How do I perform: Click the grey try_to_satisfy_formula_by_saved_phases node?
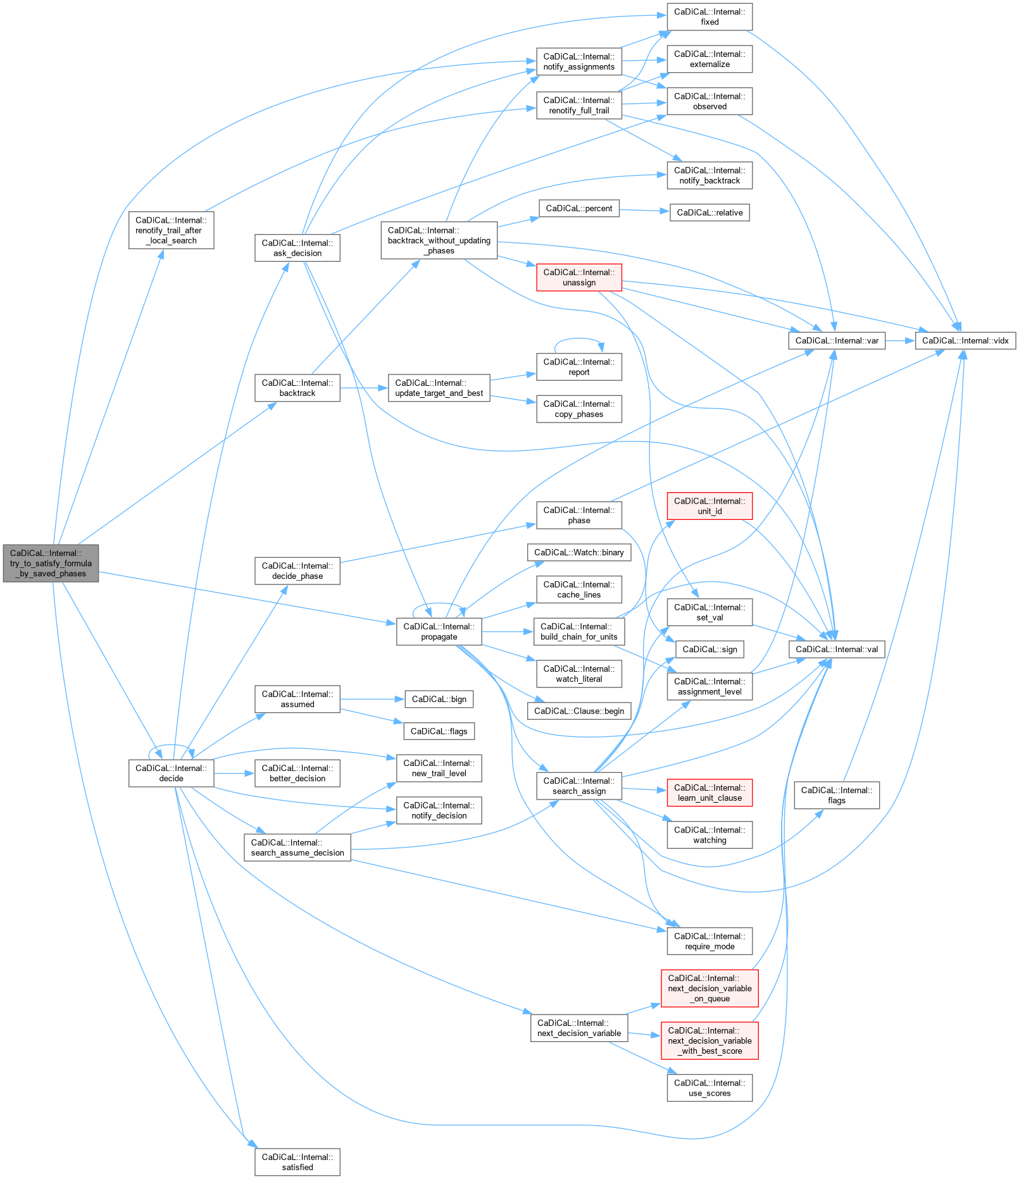(51, 563)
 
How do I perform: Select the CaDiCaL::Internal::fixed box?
(710, 16)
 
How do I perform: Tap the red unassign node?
(579, 278)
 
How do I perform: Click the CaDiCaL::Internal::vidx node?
(965, 341)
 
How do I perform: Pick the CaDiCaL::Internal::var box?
(837, 341)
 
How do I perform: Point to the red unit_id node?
(710, 506)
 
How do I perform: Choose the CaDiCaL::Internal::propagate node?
(439, 632)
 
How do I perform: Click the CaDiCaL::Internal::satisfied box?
(297, 1163)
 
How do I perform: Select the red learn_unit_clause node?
(710, 793)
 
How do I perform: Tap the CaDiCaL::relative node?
(710, 213)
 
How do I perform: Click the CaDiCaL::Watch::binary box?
(579, 553)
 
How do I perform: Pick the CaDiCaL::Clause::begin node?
(579, 711)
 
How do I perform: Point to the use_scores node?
(710, 1088)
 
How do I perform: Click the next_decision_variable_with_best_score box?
(710, 1040)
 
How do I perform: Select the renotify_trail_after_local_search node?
(171, 230)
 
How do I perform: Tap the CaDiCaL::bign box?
(439, 700)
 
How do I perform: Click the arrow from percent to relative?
(644, 210)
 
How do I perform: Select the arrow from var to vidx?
(900, 341)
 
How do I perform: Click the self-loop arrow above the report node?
(578, 340)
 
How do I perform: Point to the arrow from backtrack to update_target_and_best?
(363, 388)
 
